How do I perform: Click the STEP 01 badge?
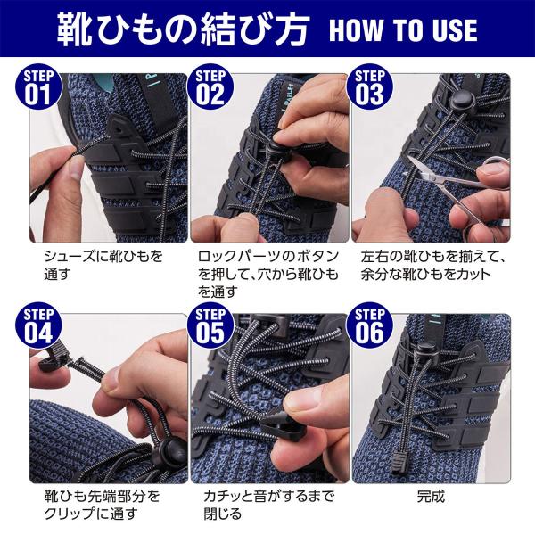[x=38, y=86]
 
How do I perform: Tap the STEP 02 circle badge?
[x=210, y=86]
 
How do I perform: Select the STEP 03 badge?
[x=369, y=86]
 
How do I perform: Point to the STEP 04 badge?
[x=38, y=325]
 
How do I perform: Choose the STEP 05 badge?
[x=210, y=325]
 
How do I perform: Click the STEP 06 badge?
[x=369, y=325]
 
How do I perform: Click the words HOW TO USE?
[x=403, y=30]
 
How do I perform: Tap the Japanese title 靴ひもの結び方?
[x=183, y=29]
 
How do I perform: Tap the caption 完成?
[x=431, y=496]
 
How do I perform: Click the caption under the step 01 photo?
[x=103, y=265]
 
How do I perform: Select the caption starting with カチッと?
[x=268, y=505]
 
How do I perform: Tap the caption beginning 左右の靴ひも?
[x=432, y=265]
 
